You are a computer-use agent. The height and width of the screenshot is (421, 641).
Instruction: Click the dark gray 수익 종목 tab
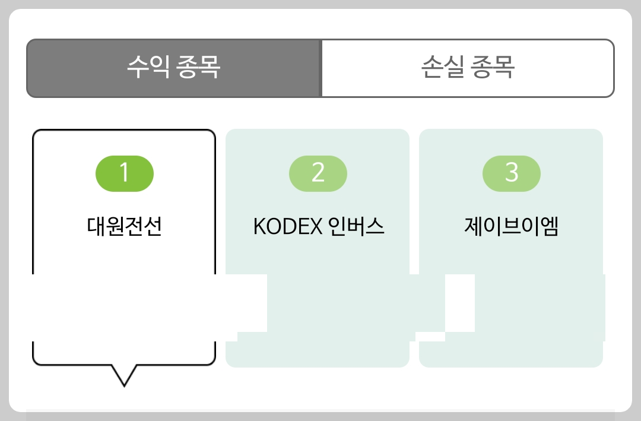pos(173,68)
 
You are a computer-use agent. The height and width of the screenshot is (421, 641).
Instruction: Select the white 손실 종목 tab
pos(468,68)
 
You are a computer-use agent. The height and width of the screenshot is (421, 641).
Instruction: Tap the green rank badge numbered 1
pos(125,173)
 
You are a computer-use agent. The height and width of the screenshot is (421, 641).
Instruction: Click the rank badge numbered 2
pos(318,173)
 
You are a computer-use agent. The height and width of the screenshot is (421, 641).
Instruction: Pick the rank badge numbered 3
pos(512,173)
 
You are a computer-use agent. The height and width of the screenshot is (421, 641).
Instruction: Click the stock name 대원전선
pos(124,227)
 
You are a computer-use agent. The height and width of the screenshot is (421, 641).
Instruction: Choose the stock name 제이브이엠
pos(512,227)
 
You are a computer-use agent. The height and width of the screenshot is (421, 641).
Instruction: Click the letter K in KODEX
pos(258,227)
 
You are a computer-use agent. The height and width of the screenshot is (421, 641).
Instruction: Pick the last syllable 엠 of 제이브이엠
pos(550,227)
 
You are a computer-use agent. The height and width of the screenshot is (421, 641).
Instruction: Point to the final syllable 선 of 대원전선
pos(153,227)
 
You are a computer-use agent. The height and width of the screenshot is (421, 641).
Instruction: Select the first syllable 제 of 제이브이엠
pos(474,227)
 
